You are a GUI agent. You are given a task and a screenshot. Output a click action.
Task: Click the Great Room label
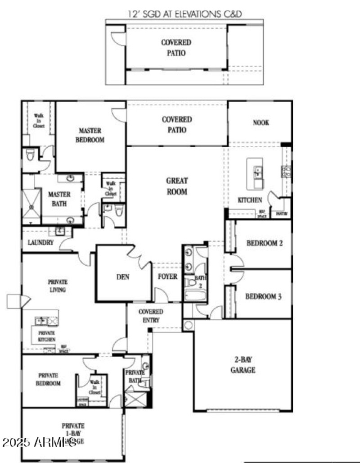tap(177, 186)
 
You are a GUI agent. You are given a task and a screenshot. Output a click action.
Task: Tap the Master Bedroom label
tap(91, 135)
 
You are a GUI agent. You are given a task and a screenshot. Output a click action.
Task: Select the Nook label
tap(261, 123)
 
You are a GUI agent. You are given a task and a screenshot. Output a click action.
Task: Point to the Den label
tap(122, 277)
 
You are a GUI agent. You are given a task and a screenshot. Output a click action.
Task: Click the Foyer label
tap(167, 276)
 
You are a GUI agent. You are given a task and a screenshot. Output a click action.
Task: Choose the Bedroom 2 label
tap(265, 243)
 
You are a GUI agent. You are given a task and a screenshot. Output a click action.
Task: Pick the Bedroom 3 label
tap(264, 297)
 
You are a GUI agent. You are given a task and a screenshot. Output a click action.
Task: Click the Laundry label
tap(40, 242)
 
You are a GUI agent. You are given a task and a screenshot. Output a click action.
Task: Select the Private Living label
tap(57, 286)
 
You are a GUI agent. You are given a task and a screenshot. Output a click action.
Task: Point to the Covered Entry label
tap(151, 316)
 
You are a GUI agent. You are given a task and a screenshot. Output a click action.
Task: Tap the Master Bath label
tap(59, 199)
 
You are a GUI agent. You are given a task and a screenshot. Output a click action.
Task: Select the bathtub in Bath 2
tap(195, 296)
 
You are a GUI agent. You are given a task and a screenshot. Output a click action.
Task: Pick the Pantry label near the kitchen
tap(282, 213)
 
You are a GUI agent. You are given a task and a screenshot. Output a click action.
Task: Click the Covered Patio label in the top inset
tap(176, 47)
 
